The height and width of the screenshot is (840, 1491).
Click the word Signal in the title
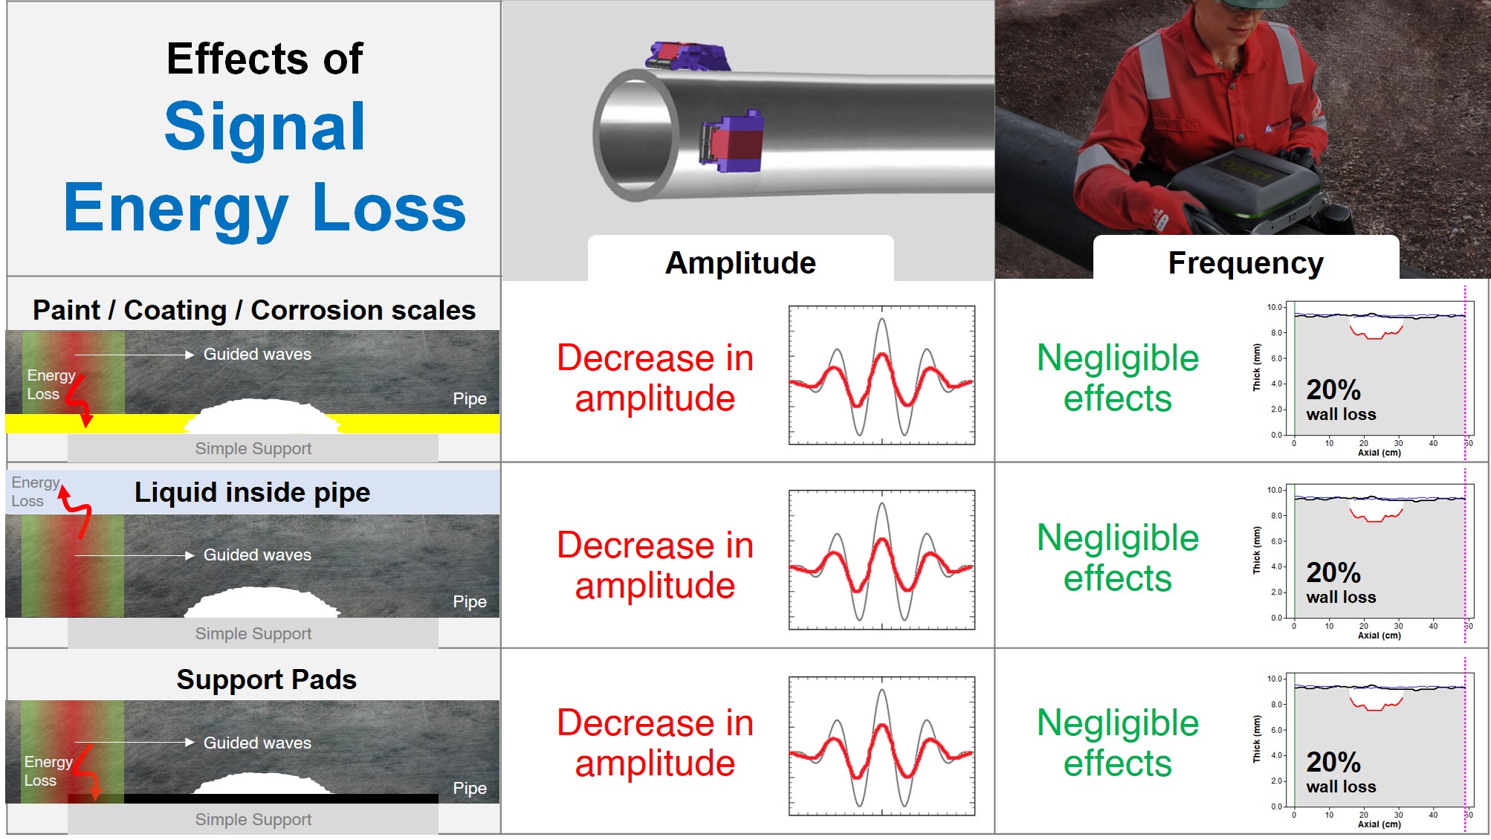click(x=265, y=126)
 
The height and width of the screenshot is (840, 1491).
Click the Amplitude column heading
click(x=740, y=262)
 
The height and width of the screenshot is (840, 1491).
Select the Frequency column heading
click(x=1246, y=263)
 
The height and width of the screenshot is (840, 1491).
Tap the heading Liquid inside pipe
click(x=252, y=492)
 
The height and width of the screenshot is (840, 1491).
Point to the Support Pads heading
click(x=266, y=679)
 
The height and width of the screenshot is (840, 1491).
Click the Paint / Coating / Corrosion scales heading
click(x=254, y=310)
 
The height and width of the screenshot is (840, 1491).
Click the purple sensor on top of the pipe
click(x=687, y=56)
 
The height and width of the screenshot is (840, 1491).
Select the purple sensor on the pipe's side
click(x=731, y=141)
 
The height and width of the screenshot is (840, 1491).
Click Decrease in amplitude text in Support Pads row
click(x=655, y=743)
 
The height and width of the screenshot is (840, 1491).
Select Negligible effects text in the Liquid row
click(x=1118, y=558)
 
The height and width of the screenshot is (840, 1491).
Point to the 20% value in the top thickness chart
click(x=1333, y=390)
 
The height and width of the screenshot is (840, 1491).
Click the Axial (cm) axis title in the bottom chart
click(x=1379, y=824)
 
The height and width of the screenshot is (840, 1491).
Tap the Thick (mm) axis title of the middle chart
click(x=1257, y=550)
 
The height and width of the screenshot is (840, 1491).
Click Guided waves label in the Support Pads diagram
click(x=257, y=743)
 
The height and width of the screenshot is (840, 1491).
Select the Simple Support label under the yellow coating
click(x=253, y=448)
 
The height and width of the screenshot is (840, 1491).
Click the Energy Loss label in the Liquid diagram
click(x=35, y=491)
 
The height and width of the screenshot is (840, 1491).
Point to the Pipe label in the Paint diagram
click(x=470, y=399)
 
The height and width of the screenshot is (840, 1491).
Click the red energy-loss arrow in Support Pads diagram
click(x=86, y=773)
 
